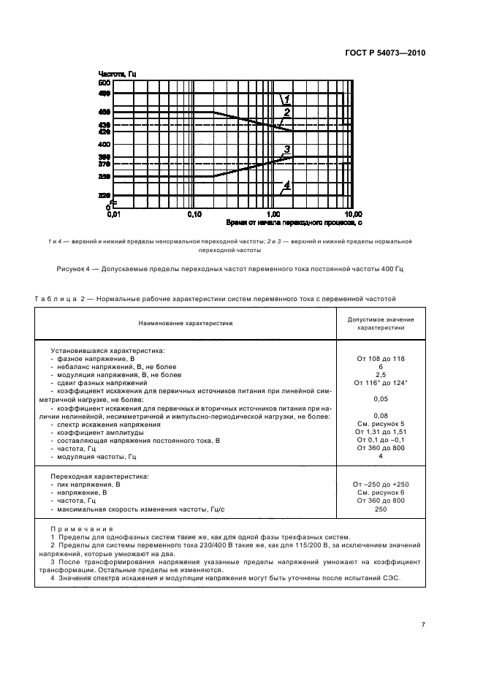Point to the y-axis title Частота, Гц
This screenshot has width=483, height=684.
(117, 75)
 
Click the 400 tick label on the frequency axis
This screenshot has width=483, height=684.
(103, 145)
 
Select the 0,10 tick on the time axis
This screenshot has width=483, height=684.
(194, 214)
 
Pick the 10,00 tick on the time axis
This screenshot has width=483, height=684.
(353, 214)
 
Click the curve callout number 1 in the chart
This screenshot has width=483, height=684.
(287, 99)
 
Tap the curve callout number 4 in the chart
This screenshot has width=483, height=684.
(287, 186)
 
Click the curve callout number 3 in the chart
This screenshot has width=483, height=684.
(287, 150)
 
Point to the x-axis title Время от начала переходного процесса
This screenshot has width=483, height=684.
(293, 221)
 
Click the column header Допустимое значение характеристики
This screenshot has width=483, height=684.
(379, 324)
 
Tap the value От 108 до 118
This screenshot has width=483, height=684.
(379, 359)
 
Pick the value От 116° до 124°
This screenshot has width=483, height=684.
(379, 382)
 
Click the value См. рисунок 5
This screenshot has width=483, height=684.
(379, 425)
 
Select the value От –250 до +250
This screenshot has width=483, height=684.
(379, 484)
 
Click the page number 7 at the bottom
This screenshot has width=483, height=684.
(423, 625)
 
